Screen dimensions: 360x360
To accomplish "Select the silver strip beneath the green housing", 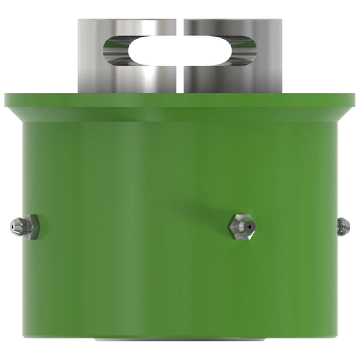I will [x=180, y=340].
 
